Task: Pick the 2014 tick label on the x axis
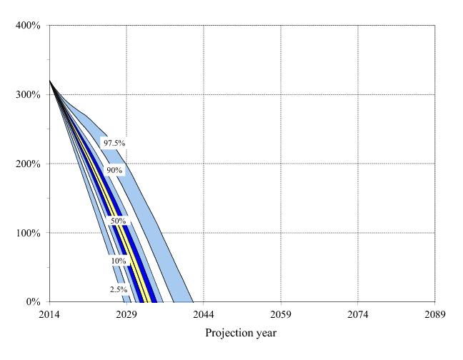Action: tap(50, 314)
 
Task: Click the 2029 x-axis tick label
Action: tap(126, 314)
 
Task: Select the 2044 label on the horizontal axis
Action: tap(204, 314)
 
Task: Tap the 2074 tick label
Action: tap(357, 314)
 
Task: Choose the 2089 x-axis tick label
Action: tap(434, 314)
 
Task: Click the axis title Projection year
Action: tap(241, 333)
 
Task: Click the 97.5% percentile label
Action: tap(114, 144)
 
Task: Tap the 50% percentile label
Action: tap(117, 221)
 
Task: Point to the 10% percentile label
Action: tap(118, 261)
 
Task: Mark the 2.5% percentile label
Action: tap(118, 289)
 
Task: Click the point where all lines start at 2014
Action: tap(50, 81)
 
